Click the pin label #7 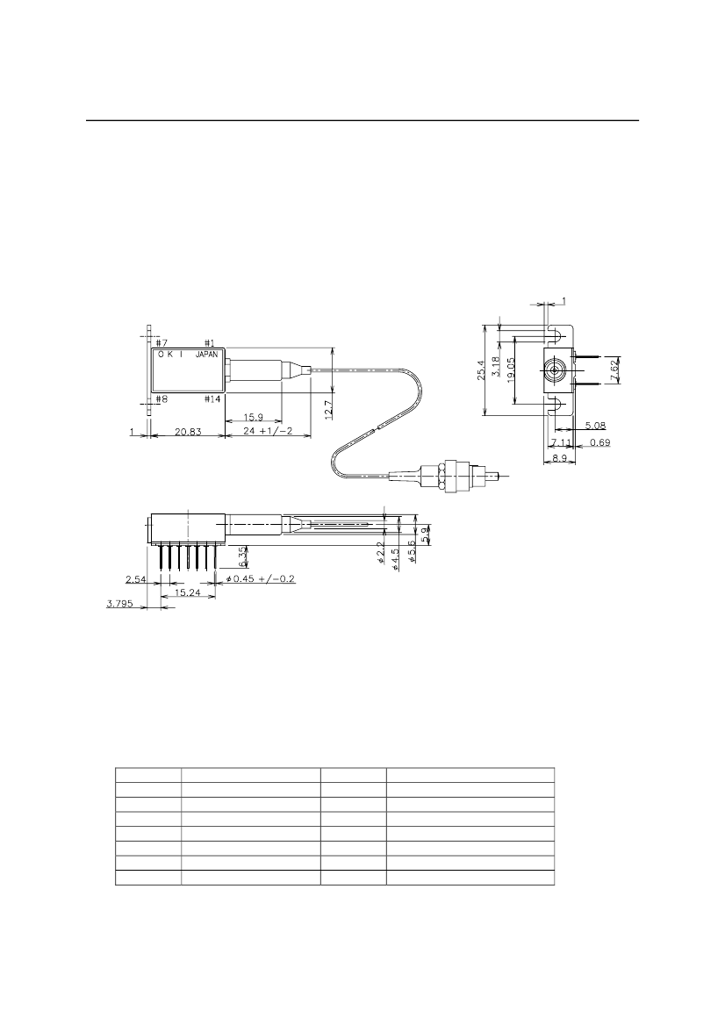pyautogui.click(x=162, y=343)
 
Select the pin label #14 pyautogui.click(x=212, y=399)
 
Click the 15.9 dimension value pyautogui.click(x=254, y=417)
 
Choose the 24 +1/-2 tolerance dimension pyautogui.click(x=267, y=432)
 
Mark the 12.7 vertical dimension pyautogui.click(x=328, y=409)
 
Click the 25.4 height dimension pyautogui.click(x=482, y=370)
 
